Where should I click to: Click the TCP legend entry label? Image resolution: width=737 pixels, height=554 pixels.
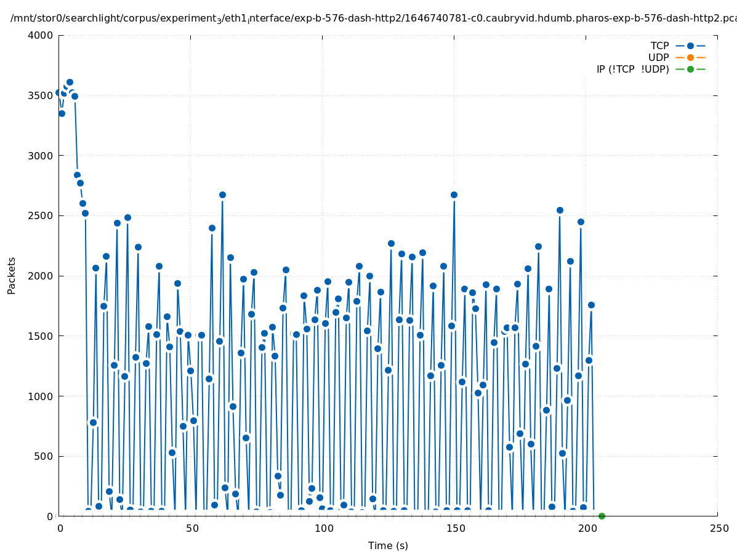click(x=659, y=46)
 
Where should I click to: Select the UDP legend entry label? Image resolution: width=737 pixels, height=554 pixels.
click(x=658, y=57)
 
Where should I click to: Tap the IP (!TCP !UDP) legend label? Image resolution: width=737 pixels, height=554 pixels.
click(x=632, y=69)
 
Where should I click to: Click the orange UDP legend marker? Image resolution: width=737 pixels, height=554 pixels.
click(x=690, y=57)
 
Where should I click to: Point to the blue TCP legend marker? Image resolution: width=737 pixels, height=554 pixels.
click(x=690, y=46)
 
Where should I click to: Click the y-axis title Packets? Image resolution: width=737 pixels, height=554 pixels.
click(x=12, y=275)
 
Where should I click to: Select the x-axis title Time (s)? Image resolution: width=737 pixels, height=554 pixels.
click(x=388, y=545)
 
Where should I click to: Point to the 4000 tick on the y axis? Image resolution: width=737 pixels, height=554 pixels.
click(x=41, y=35)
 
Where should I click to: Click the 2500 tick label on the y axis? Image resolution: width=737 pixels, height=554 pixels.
click(x=41, y=215)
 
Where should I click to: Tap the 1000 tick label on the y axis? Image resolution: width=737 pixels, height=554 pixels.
click(x=41, y=396)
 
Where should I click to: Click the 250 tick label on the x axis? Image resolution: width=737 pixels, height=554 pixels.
click(x=718, y=529)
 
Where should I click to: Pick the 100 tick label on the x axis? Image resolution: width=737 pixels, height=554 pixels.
click(x=323, y=529)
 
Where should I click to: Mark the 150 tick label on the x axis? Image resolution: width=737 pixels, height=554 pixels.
click(x=454, y=529)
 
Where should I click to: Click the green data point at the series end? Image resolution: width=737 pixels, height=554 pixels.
click(x=602, y=516)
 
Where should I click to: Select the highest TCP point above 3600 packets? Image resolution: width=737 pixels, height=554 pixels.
click(x=70, y=82)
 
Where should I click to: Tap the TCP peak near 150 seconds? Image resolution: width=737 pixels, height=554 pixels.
click(x=454, y=195)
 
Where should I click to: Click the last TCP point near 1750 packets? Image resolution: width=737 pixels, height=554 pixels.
click(x=591, y=305)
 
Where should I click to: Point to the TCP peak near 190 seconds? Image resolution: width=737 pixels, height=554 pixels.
click(x=560, y=210)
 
